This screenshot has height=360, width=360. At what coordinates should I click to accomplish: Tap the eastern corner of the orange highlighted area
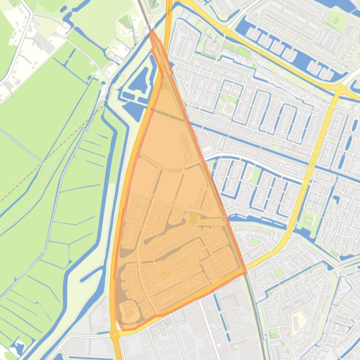pyautogui.click(x=246, y=272)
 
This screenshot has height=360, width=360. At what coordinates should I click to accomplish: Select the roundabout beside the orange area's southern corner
pyautogui.click(x=114, y=334)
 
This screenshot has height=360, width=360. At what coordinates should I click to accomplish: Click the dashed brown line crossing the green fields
pyautogui.click(x=51, y=154)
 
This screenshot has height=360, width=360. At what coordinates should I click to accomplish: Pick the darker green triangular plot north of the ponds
pyautogui.click(x=125, y=22)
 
